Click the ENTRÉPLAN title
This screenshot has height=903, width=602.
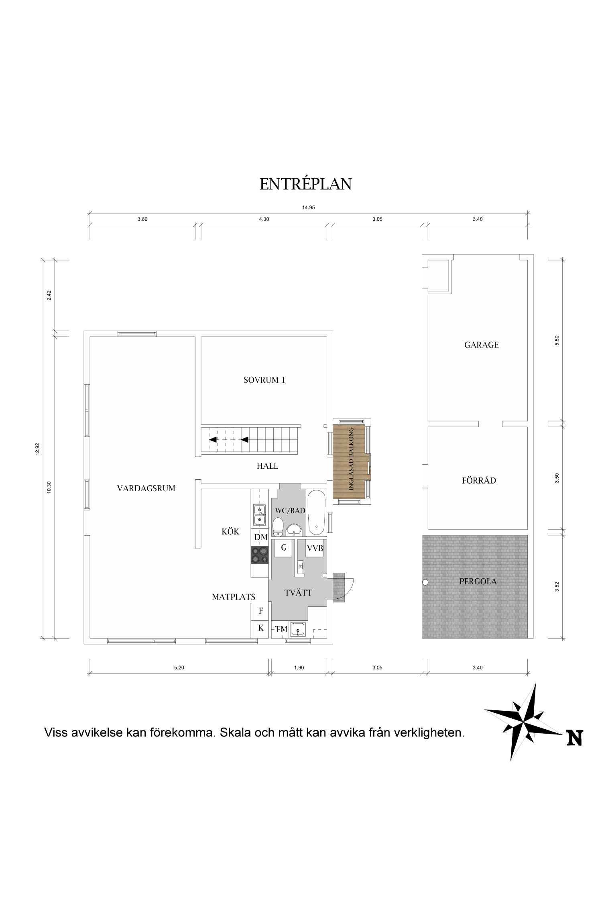pos(305,184)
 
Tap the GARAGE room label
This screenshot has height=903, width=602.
pos(481,345)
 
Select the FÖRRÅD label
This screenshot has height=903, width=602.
pos(479,480)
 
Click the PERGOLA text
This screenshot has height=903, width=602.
pos(478,581)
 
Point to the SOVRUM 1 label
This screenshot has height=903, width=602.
pos(264,380)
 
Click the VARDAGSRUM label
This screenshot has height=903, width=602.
pos(146,488)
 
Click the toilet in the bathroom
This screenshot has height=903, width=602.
pos(278,527)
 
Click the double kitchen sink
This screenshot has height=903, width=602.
pos(260,515)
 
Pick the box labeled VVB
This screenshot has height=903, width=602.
pos(315,548)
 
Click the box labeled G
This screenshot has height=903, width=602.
pos(284,548)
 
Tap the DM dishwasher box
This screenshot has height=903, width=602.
pos(260,537)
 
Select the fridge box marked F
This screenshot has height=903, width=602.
pos(260,611)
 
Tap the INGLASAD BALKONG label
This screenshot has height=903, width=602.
pos(351,459)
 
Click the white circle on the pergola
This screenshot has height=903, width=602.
pos(425,582)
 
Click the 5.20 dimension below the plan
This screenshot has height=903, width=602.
pos(179,667)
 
